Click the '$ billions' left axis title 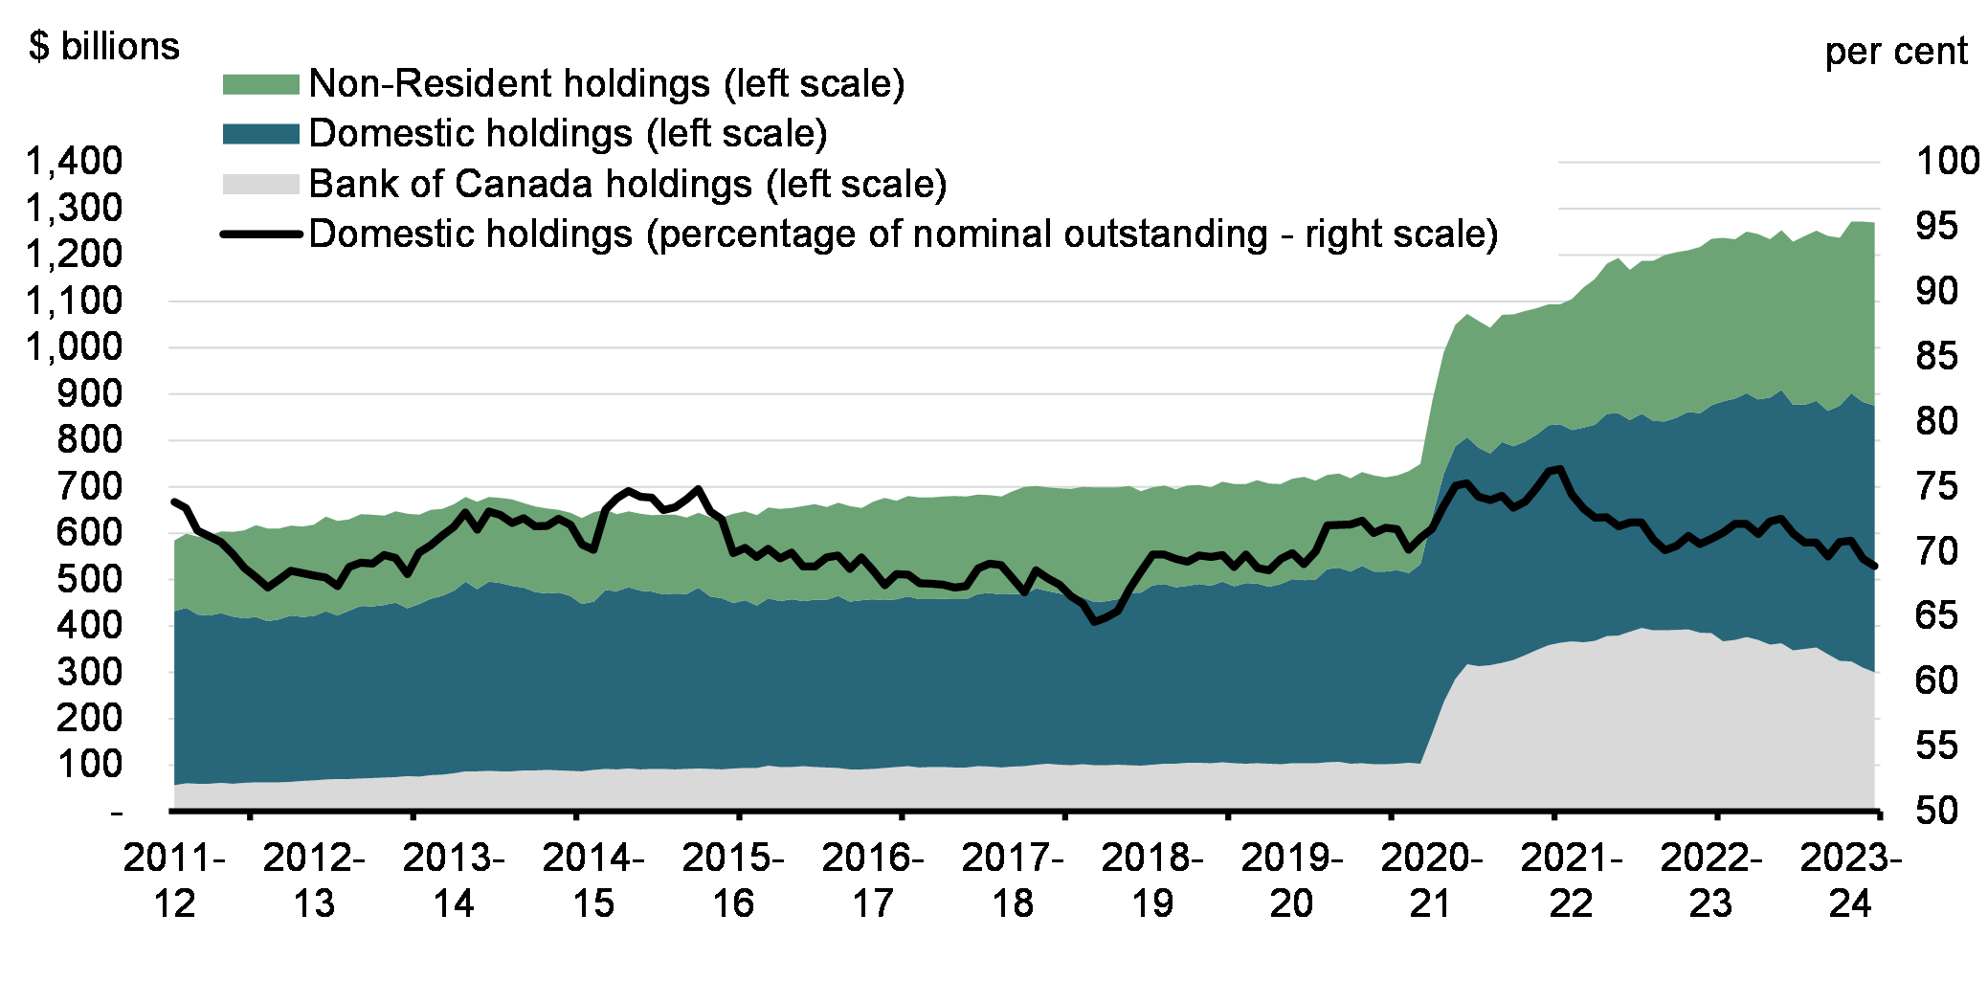[104, 47]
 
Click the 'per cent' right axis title [1895, 51]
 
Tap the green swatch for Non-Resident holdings [261, 84]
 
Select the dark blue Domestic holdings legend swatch [261, 134]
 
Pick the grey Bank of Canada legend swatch [261, 184]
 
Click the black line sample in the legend [261, 234]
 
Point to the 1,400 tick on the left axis [75, 161]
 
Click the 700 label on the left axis [90, 486]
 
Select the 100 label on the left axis [90, 765]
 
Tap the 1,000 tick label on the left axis [75, 346]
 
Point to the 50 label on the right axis [1936, 811]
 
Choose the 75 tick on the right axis [1936, 486]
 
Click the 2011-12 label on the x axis [174, 881]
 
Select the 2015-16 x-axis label [733, 881]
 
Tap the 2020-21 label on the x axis [1432, 881]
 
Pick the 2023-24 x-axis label [1850, 881]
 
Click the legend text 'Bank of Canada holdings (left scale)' [628, 184]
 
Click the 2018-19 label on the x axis [1152, 881]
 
